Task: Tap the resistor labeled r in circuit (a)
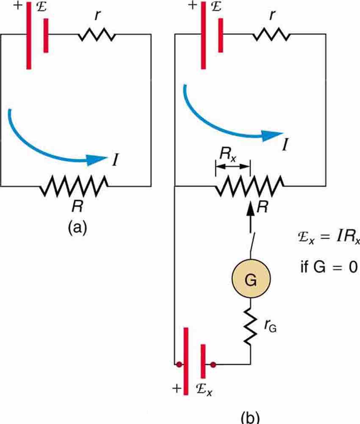click(x=97, y=35)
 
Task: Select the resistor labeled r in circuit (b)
click(x=271, y=35)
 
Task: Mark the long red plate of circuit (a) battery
click(x=28, y=36)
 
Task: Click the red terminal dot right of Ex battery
click(x=213, y=364)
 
